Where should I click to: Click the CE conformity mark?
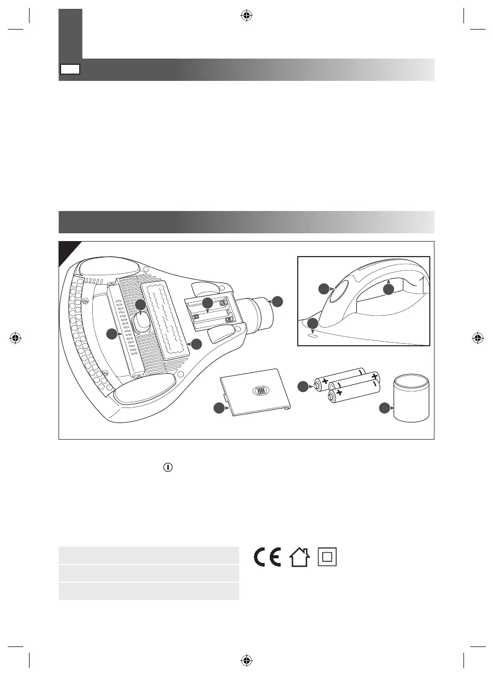[267, 557]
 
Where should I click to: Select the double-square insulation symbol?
[327, 557]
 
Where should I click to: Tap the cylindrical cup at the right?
[412, 400]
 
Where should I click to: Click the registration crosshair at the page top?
[247, 16]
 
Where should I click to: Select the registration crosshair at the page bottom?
[247, 660]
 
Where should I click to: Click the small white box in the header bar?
[70, 69]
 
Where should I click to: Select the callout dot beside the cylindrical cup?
[384, 409]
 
